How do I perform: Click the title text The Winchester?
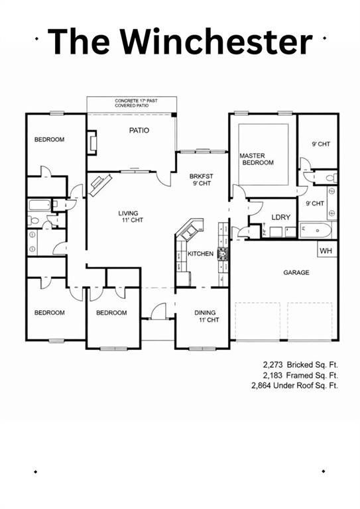(x=180, y=41)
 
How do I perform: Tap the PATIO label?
(x=139, y=131)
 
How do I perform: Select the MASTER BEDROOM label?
(x=256, y=159)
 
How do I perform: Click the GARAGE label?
(x=296, y=272)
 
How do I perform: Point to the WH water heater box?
(x=326, y=251)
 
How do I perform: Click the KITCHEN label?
(x=200, y=254)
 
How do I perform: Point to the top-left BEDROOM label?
(x=49, y=139)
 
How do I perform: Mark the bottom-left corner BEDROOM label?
(x=49, y=313)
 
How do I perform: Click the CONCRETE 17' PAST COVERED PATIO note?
(x=132, y=103)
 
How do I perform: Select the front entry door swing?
(x=158, y=312)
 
